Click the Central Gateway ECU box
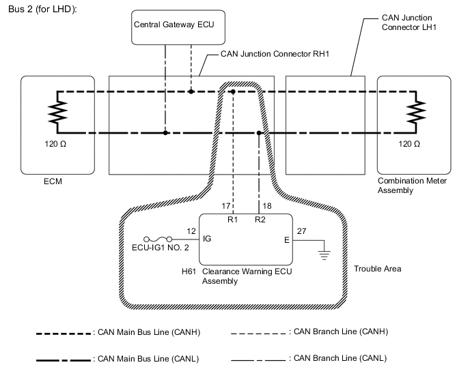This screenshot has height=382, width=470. [165, 31]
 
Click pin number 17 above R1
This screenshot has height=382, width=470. [227, 205]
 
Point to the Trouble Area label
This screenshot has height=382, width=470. [377, 269]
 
